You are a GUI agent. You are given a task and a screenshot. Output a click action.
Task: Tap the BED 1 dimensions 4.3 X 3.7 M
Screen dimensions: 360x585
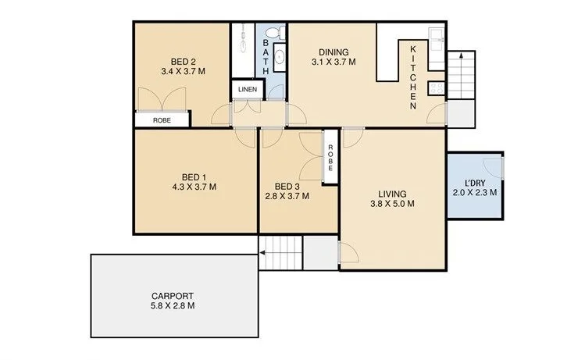tap(194, 187)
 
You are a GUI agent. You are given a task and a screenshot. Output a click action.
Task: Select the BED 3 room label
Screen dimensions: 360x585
tap(287, 186)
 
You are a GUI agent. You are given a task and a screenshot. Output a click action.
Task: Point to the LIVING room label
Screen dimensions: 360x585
tap(391, 193)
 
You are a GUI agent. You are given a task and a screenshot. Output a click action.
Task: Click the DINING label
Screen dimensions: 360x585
tap(334, 52)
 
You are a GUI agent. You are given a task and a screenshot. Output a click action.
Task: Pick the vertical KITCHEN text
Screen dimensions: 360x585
tap(414, 77)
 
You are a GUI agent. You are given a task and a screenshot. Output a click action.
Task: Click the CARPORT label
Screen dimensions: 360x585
tap(172, 295)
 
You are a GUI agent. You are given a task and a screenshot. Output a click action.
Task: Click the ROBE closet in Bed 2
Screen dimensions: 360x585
tap(162, 120)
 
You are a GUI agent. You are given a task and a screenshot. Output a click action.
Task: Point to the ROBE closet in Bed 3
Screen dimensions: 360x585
tap(330, 159)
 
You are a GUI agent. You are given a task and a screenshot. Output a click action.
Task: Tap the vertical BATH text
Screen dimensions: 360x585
tap(266, 55)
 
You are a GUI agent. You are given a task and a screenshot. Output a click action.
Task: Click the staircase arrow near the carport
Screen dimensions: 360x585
tap(265, 252)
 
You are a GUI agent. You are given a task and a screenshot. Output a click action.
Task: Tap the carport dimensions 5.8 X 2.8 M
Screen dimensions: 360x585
tap(172, 306)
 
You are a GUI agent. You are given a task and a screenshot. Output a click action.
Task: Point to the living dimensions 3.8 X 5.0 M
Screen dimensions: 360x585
tap(391, 204)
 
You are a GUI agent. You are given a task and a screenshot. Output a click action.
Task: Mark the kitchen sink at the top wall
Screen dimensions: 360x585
tap(436, 36)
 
